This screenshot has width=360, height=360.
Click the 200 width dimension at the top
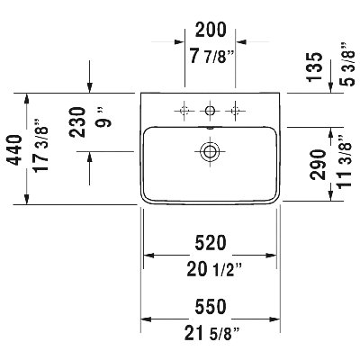click(211, 30)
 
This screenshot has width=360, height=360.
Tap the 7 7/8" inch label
click(211, 56)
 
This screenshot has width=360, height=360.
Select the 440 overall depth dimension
click(14, 150)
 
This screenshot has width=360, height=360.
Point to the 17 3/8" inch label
click(40, 145)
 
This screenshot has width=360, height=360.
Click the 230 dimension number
click(77, 122)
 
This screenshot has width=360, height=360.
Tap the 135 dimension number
click(314, 67)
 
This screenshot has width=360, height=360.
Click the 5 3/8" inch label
click(348, 65)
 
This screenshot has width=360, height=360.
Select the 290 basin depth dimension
click(318, 165)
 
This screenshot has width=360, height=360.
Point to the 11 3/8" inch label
click(344, 161)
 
